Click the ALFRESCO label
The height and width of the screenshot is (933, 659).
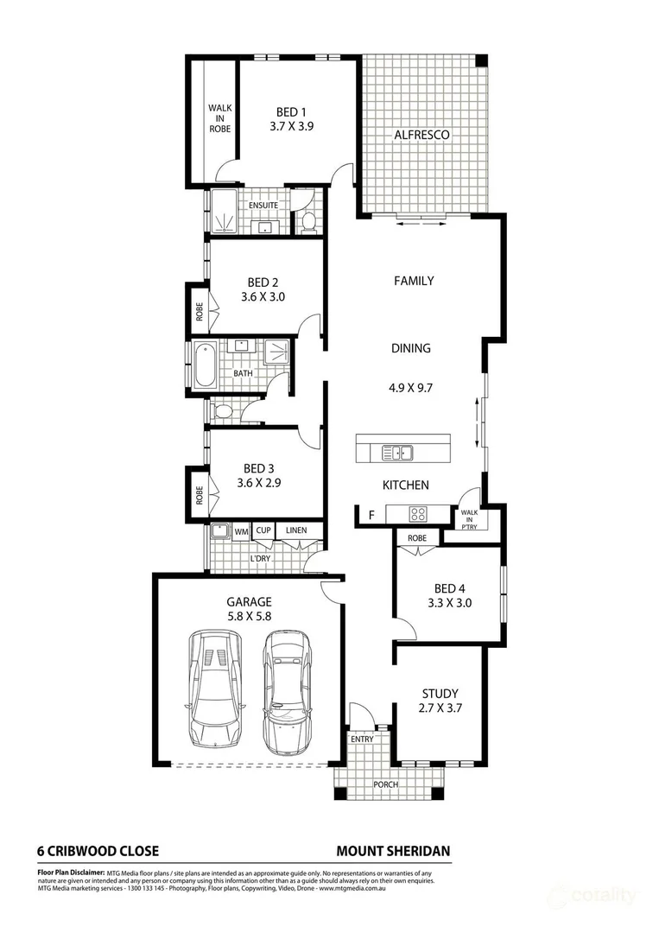tap(421, 135)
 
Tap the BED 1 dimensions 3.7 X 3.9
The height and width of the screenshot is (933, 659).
tap(291, 126)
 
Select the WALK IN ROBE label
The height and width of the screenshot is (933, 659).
tap(220, 118)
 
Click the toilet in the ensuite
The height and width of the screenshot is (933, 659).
tap(308, 221)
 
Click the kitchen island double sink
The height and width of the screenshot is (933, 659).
tap(397, 454)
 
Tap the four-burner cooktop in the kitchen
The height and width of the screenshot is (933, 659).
tap(417, 513)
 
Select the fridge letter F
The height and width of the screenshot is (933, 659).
tap(371, 515)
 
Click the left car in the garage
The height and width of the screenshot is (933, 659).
tap(215, 689)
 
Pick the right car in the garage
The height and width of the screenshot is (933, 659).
tap(288, 693)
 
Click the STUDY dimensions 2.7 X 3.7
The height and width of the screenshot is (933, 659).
tap(440, 708)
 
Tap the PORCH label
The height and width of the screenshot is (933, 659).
tap(386, 784)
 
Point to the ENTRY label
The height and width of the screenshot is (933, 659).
tap(362, 739)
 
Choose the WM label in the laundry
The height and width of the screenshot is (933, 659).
tap(241, 531)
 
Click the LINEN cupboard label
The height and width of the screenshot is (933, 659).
tap(296, 530)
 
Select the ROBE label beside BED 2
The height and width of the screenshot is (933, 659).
tap(200, 312)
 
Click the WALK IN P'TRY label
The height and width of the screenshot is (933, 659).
tap(469, 519)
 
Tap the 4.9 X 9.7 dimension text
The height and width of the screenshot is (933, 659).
tap(410, 388)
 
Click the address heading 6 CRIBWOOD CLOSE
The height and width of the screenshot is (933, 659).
tap(98, 852)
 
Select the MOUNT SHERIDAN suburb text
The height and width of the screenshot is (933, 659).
tap(393, 852)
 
